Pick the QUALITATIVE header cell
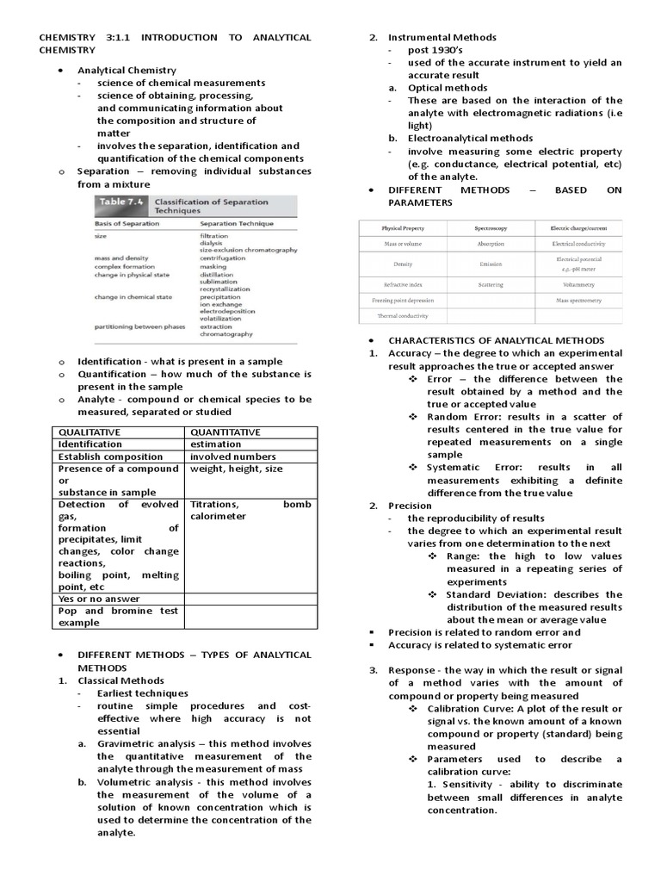click(90, 432)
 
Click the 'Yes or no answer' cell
click(99, 598)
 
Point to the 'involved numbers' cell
click(233, 457)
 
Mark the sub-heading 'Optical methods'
click(447, 88)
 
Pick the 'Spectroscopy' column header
click(491, 228)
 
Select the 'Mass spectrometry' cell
click(578, 301)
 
